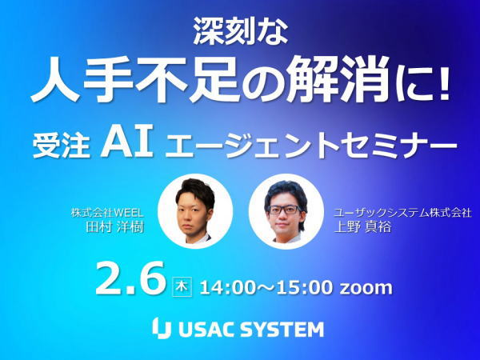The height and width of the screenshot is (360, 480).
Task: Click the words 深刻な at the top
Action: (241, 32)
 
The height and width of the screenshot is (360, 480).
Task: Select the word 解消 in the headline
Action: (335, 79)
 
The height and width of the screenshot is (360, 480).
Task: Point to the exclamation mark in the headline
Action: (441, 80)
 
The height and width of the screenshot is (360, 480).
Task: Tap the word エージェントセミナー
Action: (310, 146)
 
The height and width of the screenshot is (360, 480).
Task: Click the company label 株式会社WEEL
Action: (107, 213)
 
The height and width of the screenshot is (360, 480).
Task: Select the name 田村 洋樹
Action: (114, 227)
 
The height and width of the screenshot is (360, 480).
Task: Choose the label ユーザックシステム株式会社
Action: (402, 213)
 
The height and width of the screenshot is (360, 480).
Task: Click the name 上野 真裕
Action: (362, 227)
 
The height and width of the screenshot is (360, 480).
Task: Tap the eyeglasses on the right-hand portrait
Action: (284, 210)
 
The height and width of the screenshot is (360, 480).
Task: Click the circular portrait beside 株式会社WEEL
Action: (195, 211)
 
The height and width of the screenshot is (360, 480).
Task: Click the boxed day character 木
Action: (182, 287)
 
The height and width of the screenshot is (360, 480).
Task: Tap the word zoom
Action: (366, 288)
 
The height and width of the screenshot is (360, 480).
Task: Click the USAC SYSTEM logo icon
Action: (162, 328)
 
